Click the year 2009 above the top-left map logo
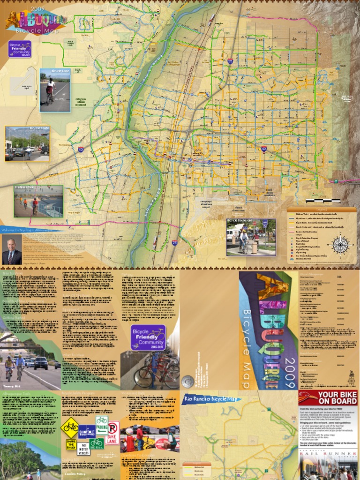pos(37,8)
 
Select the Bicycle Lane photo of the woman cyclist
pos(55,90)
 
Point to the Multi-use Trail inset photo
pos(38,201)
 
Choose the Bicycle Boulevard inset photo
pos(251,237)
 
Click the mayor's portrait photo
pos(11,251)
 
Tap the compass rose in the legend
pos(340,244)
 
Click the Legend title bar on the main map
pos(321,209)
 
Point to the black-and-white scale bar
pos(323,201)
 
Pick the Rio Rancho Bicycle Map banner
pos(210,399)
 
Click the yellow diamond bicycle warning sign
pos(71,427)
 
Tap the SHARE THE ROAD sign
pos(71,445)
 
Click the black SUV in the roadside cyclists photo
pos(41,362)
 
